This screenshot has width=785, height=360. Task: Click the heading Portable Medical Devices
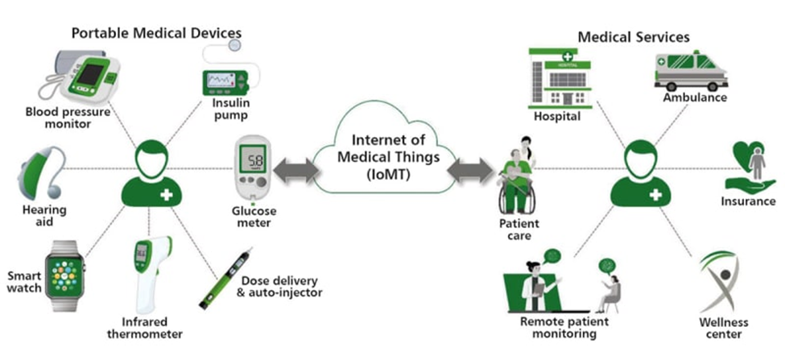pyautogui.click(x=156, y=33)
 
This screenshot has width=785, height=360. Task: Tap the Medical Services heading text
pyautogui.click(x=634, y=37)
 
